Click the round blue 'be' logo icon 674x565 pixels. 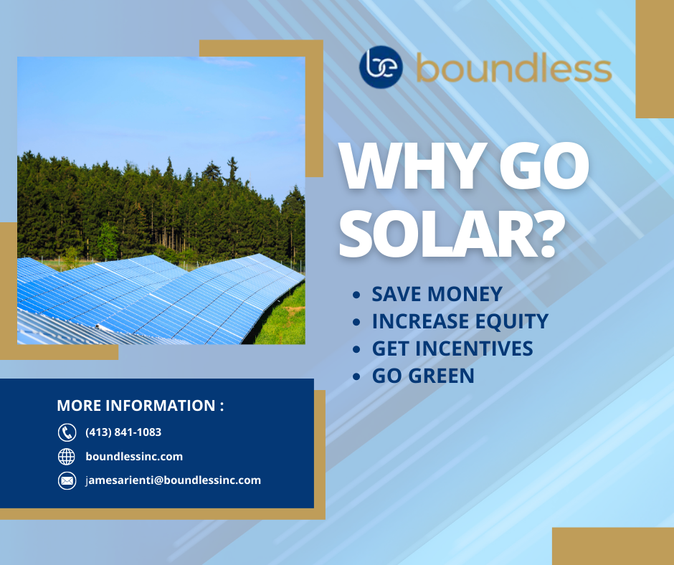tap(381, 67)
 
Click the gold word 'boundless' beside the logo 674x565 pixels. tap(514, 67)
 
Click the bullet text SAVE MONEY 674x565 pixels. tap(437, 294)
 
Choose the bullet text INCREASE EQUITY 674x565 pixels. tap(460, 321)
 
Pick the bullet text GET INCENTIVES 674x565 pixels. tap(452, 348)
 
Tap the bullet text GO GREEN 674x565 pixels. tap(423, 376)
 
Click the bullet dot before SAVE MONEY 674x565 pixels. tap(356, 295)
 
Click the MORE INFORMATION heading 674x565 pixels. tap(141, 406)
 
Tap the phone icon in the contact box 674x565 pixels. tap(67, 432)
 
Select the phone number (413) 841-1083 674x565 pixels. tap(123, 432)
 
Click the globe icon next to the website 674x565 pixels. tap(67, 456)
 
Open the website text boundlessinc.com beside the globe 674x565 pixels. tap(134, 456)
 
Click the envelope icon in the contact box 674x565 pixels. tap(67, 480)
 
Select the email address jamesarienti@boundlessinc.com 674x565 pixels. tap(174, 480)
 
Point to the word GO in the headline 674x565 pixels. tap(544, 166)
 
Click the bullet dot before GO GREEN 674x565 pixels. tap(356, 376)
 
